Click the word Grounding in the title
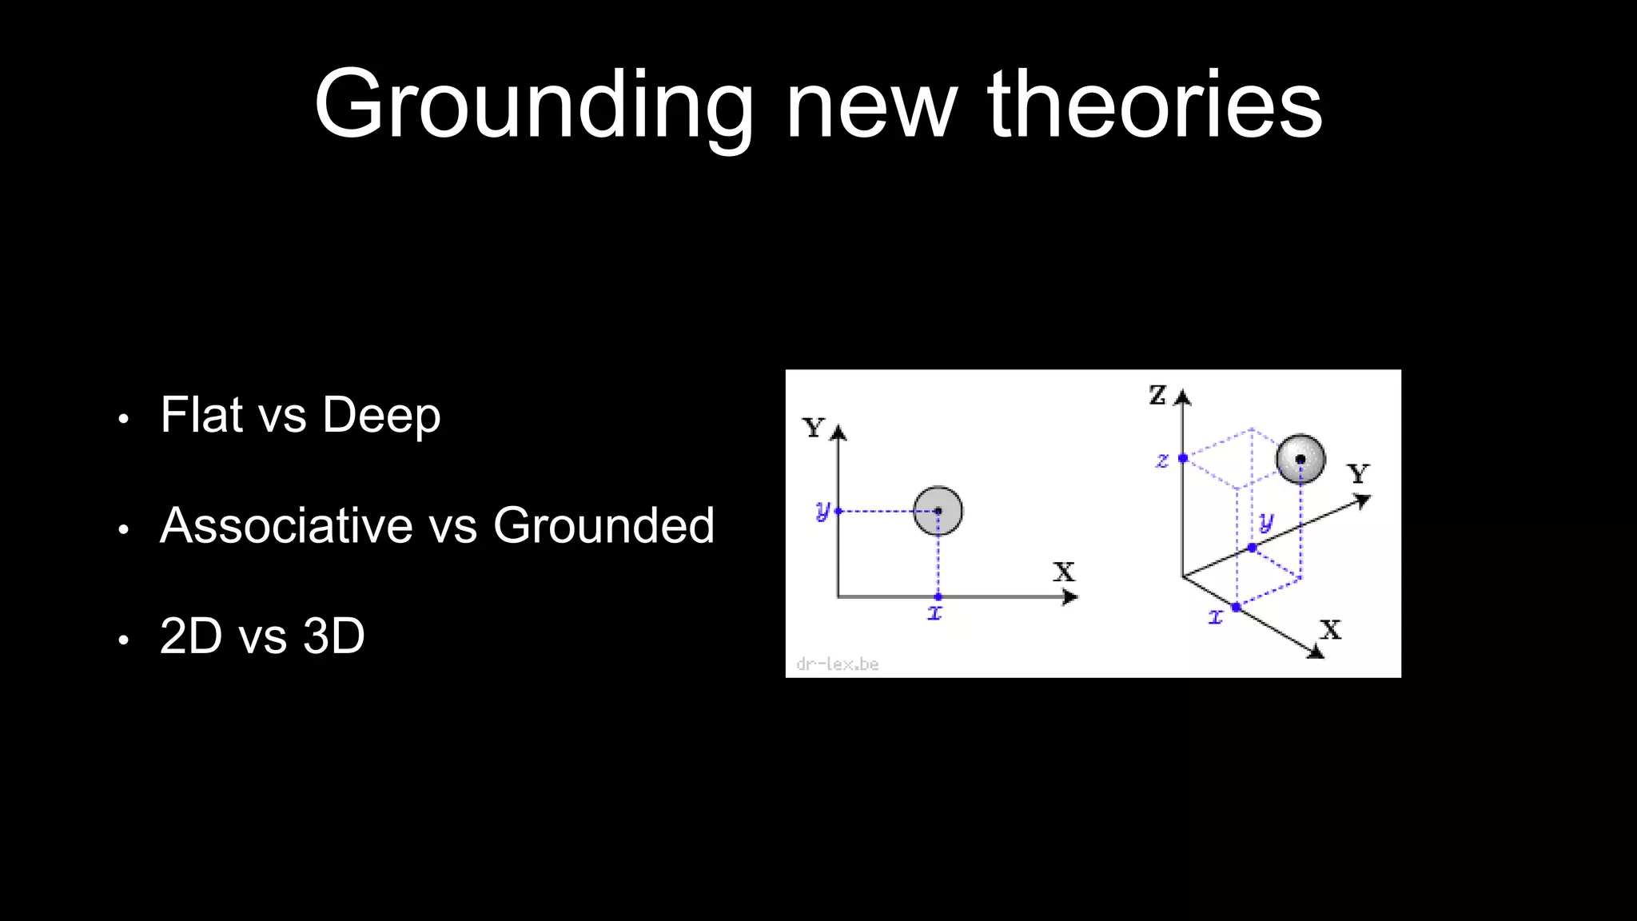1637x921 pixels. coord(534,106)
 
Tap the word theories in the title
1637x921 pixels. coord(1155,106)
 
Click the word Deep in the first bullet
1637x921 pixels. coord(381,416)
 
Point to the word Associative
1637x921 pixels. coord(286,525)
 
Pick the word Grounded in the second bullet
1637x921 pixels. coord(603,525)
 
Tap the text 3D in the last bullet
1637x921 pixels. coord(334,636)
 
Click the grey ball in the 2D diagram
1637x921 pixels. coord(938,510)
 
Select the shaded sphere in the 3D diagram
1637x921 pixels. coord(1300,459)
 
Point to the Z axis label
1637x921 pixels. coord(1157,395)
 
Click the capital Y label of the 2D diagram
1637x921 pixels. coord(814,429)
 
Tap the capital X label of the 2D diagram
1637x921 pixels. coord(1064,572)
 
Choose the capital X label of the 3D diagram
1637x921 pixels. coord(1331,630)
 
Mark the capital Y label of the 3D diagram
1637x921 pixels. coord(1358,474)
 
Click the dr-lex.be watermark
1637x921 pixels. coord(838,664)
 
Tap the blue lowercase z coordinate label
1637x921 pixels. coord(1162,460)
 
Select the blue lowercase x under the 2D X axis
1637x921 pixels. coord(935,613)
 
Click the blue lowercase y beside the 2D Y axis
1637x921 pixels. coord(822,510)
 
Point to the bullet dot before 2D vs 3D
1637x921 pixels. coord(123,640)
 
